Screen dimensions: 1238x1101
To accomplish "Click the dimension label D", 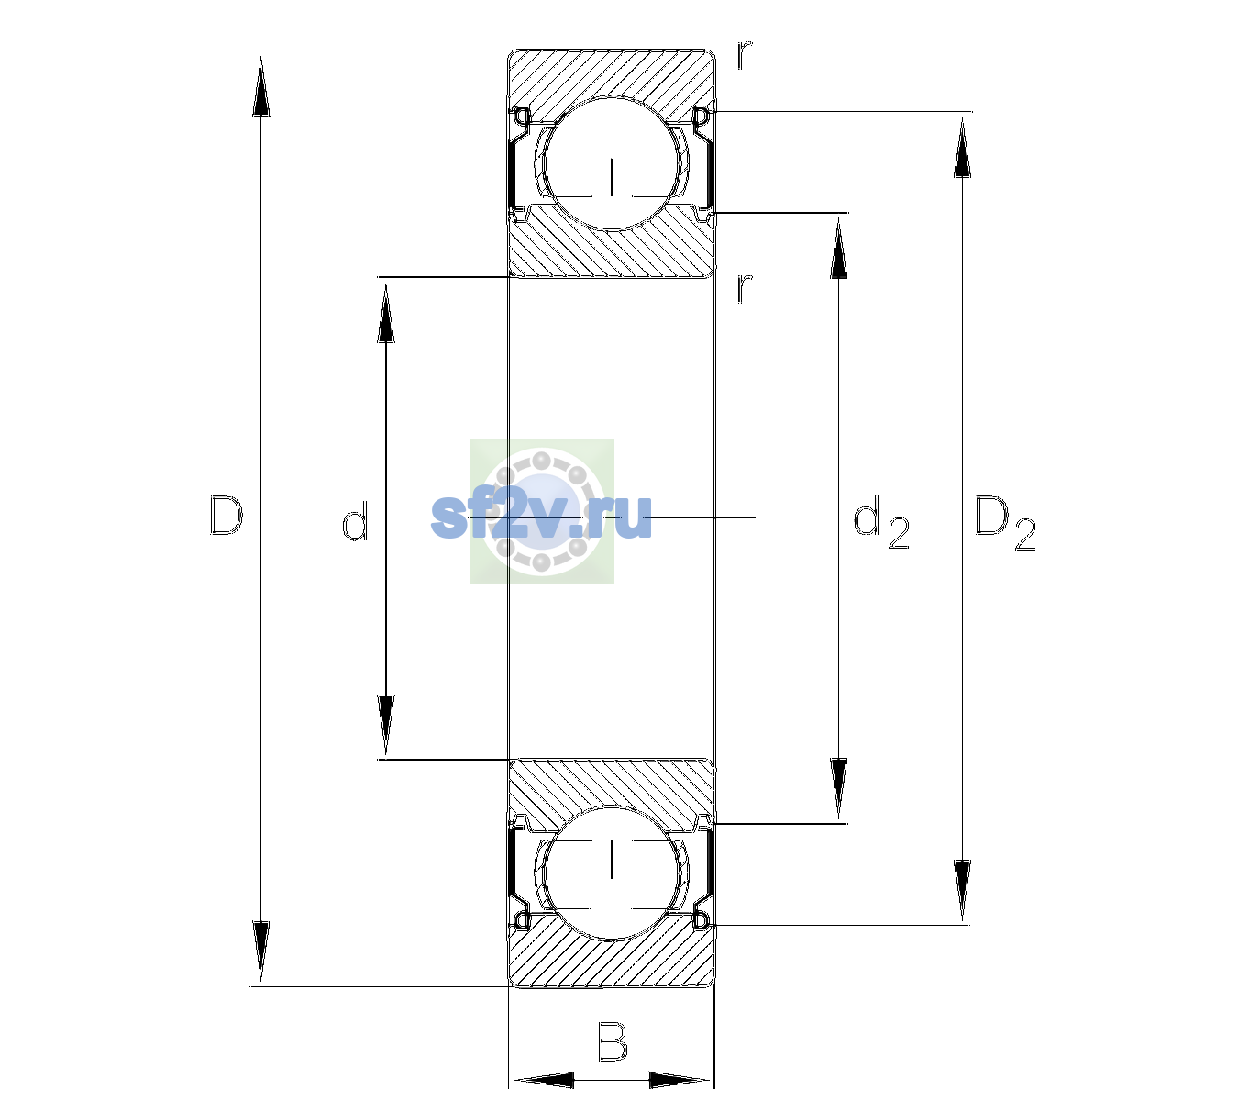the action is (x=227, y=516).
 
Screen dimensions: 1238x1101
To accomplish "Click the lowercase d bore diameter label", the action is (x=355, y=520).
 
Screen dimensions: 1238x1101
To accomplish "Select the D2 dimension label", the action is (x=1005, y=523).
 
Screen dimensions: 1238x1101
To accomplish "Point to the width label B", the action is (x=613, y=1041).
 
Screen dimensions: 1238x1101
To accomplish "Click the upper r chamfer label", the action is (x=745, y=55).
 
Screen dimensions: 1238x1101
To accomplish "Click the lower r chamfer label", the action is (x=745, y=288).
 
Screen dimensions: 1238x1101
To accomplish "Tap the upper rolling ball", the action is (x=612, y=163).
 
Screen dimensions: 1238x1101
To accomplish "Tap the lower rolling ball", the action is (x=612, y=873).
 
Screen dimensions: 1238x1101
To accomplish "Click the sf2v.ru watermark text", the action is (x=541, y=517).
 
